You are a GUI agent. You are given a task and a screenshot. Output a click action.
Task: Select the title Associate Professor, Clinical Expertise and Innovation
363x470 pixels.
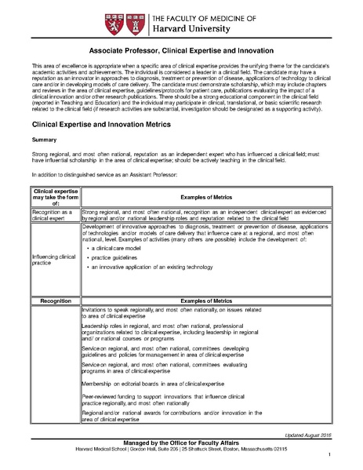(x=181, y=48)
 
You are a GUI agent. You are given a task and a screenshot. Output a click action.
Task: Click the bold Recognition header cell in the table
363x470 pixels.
(x=53, y=300)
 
